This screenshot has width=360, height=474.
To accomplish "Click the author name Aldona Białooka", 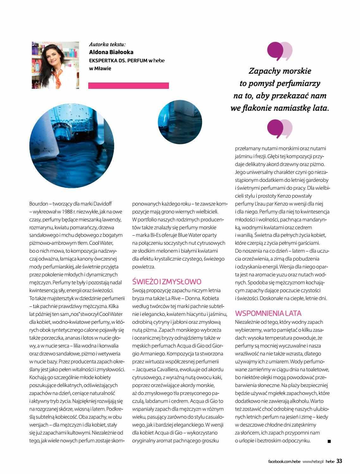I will pos(111,52).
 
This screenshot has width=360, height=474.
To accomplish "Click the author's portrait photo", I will pos(55,65).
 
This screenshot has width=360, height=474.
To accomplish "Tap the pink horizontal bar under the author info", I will pos(128,85).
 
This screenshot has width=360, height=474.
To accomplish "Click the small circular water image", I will pos(180,122).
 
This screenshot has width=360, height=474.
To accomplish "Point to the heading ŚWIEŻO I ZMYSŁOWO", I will pos(166,282).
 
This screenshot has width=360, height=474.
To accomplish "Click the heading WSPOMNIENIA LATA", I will pos(268,313).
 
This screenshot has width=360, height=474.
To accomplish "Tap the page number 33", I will pos(339,461).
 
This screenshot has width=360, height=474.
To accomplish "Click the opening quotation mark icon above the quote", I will pos(280,51).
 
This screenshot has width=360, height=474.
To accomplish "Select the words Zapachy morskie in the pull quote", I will pos(280,71).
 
